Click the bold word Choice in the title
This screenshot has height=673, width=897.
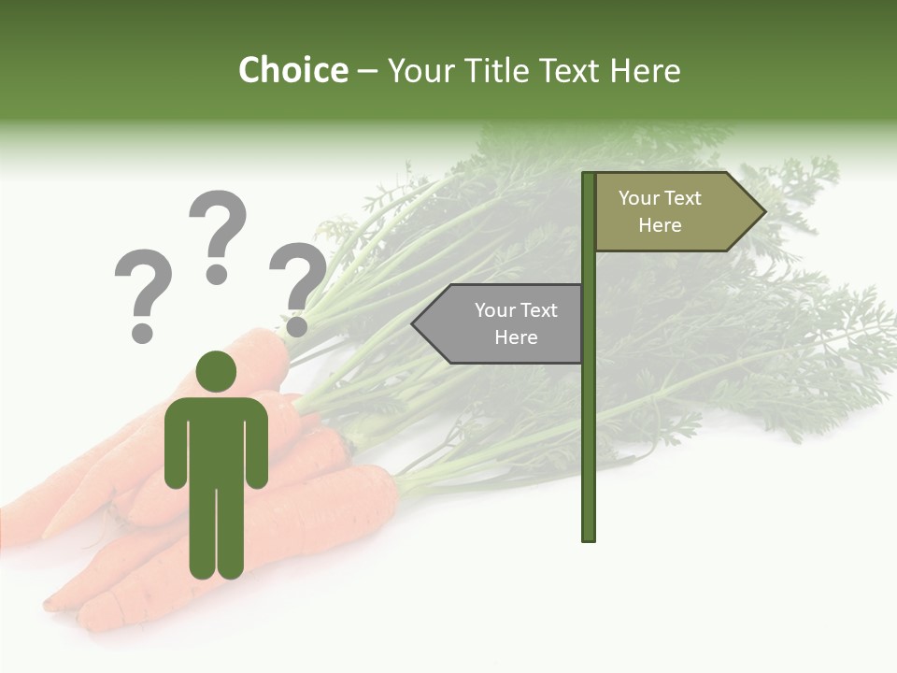pyautogui.click(x=292, y=70)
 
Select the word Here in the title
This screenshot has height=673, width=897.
pyautogui.click(x=645, y=70)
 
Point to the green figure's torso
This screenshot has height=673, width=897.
pyautogui.click(x=216, y=439)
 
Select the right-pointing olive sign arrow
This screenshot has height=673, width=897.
pyautogui.click(x=673, y=212)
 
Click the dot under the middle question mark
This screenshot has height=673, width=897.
pyautogui.click(x=217, y=274)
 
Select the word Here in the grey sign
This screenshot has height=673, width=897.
pyautogui.click(x=516, y=337)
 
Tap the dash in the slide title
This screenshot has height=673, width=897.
pyautogui.click(x=367, y=71)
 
